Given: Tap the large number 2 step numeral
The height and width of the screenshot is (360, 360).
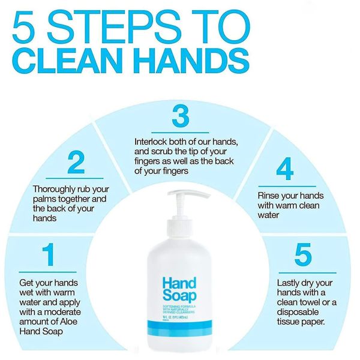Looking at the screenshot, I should tap(76, 164).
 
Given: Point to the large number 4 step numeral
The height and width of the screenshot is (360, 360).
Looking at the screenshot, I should tap(284, 169).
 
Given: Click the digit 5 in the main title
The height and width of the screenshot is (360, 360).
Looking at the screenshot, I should tap(28, 26).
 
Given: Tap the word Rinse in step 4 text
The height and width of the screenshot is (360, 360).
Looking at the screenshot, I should tap(269, 196).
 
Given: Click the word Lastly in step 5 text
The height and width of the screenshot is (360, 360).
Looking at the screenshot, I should tap(290, 282).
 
